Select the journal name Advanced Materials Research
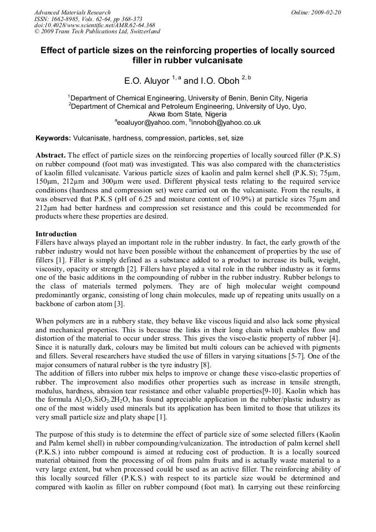(72, 12)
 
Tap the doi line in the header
(94, 25)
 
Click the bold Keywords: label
(53, 138)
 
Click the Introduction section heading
(56, 234)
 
